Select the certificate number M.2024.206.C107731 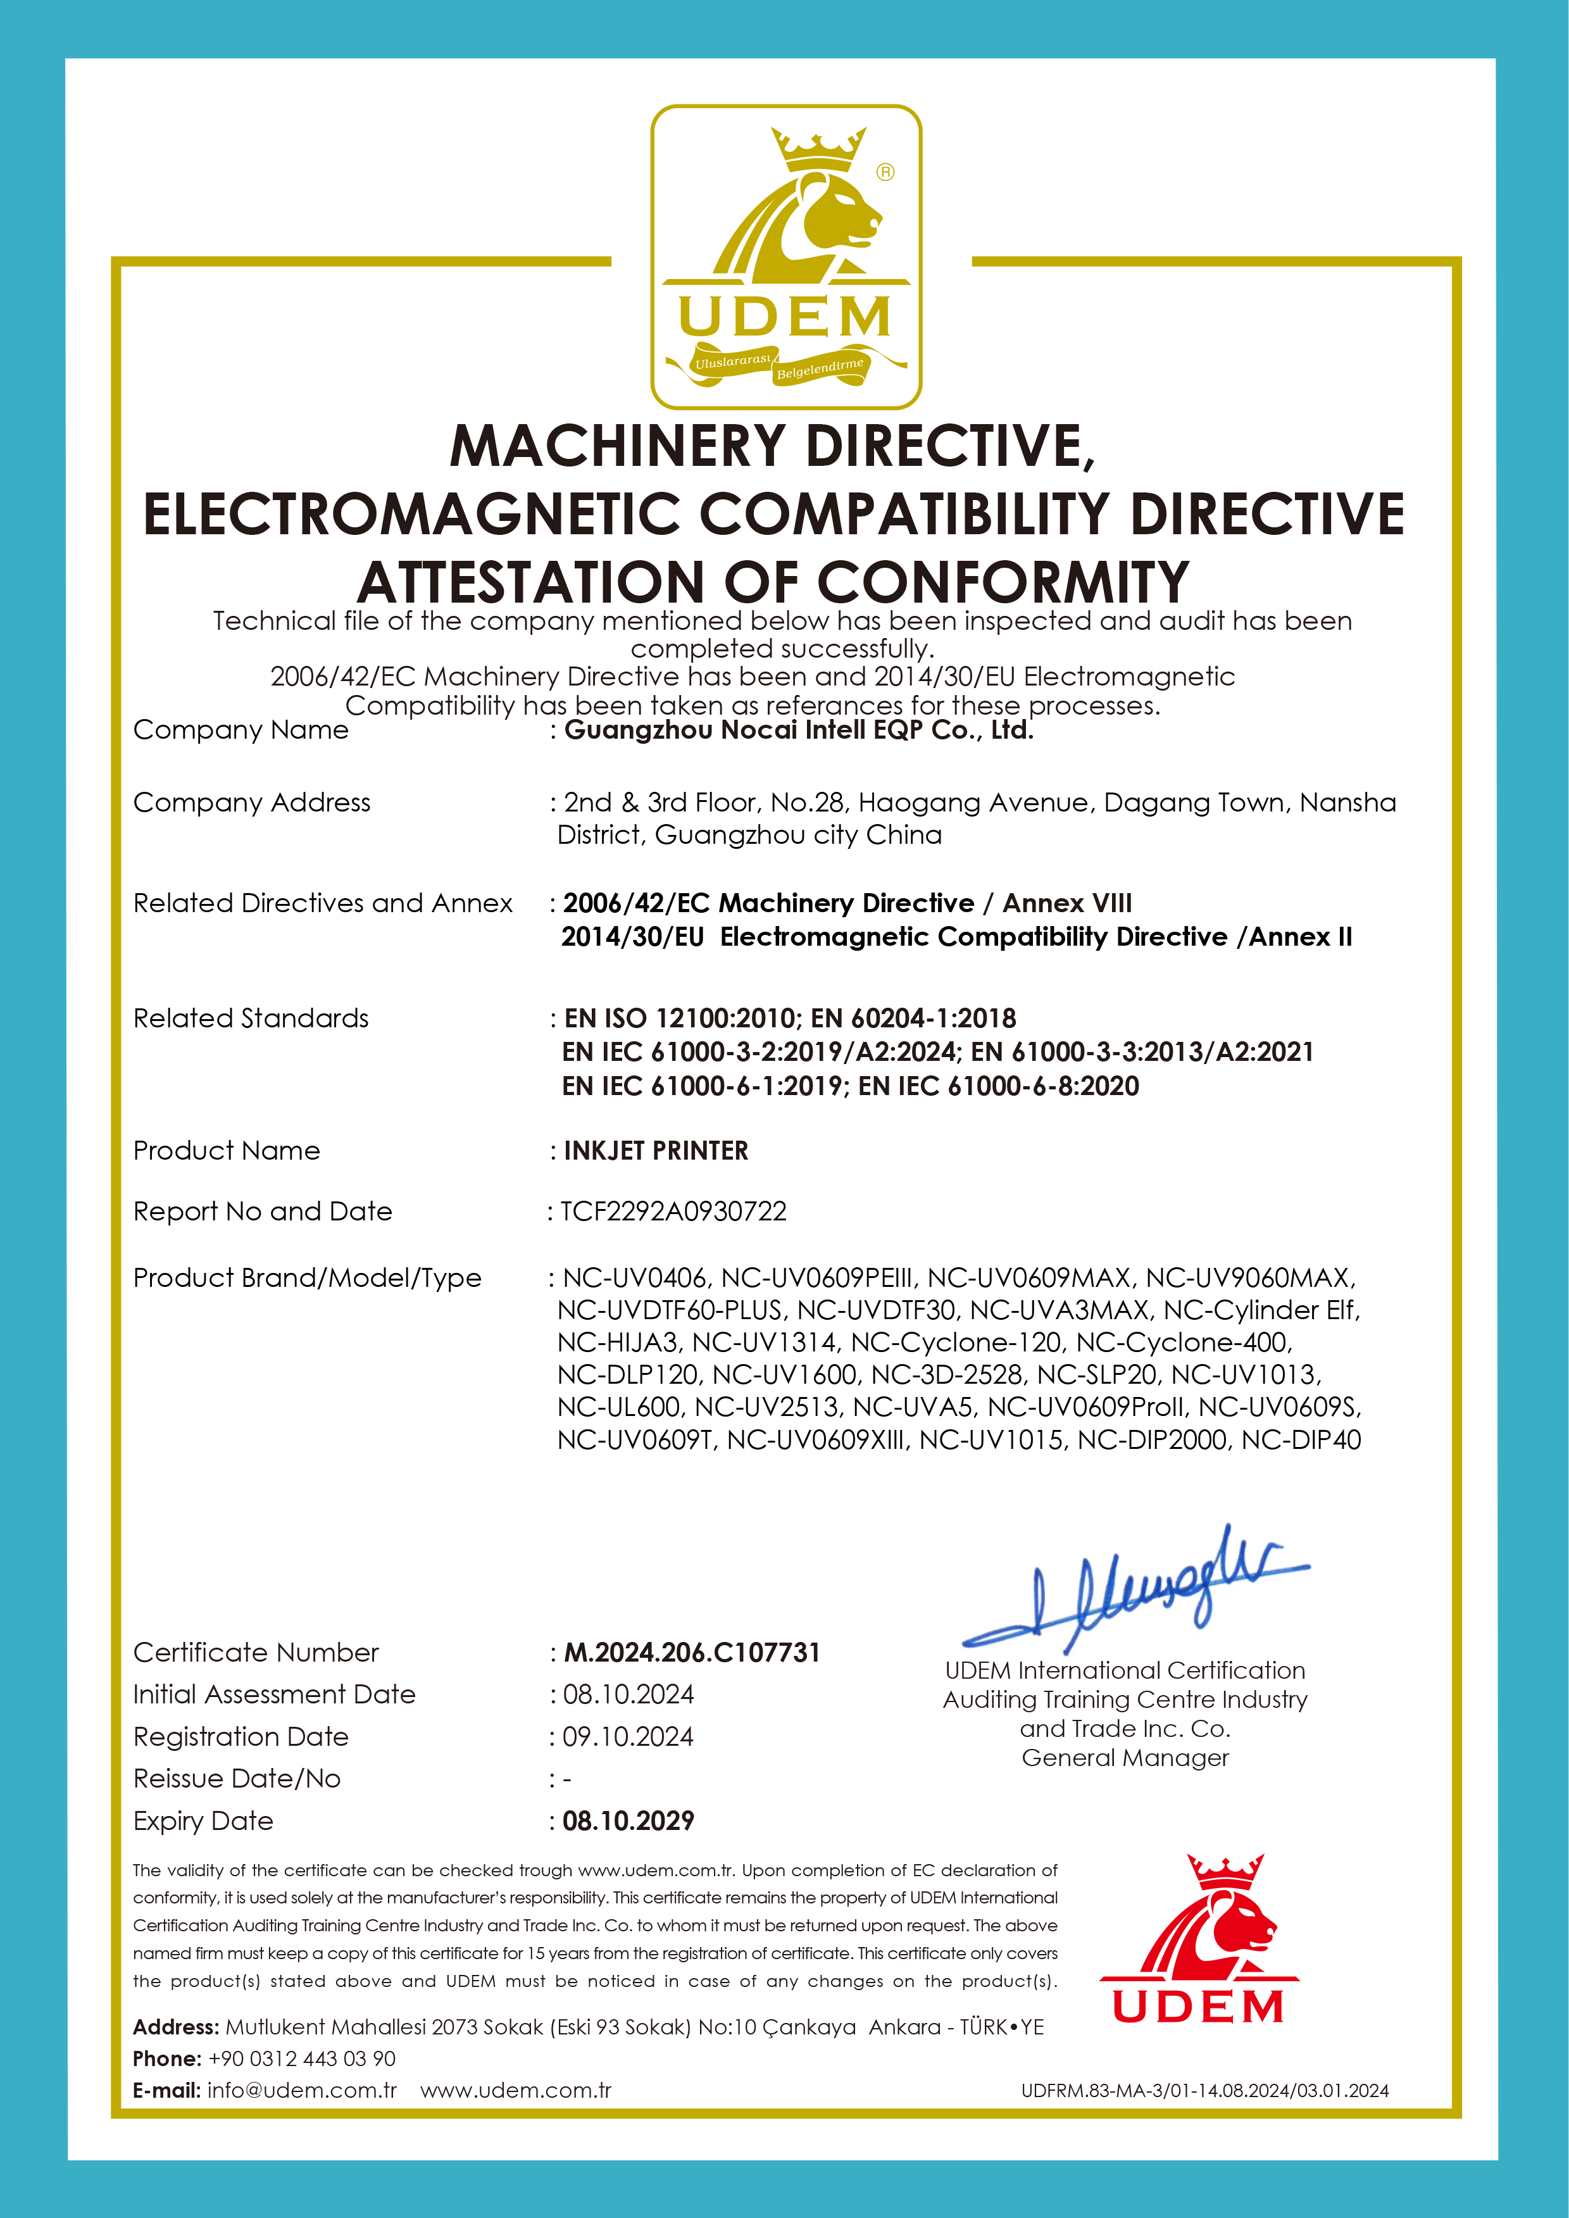pos(692,1653)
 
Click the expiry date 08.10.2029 pos(628,1821)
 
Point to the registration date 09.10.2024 pos(628,1737)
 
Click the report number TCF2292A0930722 pos(673,1212)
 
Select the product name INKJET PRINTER pos(656,1151)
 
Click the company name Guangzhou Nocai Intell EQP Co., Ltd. pos(798,730)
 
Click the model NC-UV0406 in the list pos(637,1278)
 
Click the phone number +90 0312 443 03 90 pos(301,2058)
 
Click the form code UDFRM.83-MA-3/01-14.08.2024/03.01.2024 pos(1205,2091)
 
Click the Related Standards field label pos(251,1018)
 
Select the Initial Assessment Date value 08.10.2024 pos(628,1695)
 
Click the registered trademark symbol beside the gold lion pos(885,172)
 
